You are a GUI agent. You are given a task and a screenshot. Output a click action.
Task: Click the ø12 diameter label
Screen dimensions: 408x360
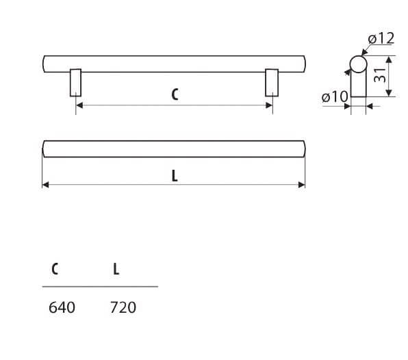pos(381,38)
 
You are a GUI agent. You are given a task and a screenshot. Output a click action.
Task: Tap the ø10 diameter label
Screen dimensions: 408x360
pos(335,97)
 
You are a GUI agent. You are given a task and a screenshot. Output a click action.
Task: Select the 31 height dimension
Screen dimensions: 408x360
pos(380,75)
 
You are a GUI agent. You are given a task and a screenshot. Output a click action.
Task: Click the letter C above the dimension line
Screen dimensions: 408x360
pos(175,94)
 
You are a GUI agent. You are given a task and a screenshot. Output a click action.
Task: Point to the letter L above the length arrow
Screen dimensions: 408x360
pos(175,176)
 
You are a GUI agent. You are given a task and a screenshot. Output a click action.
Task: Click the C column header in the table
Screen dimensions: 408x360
pos(55,269)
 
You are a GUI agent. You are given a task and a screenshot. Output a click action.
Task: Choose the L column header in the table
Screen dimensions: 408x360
pos(116,269)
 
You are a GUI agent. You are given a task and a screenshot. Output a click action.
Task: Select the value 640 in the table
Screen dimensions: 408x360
pos(62,307)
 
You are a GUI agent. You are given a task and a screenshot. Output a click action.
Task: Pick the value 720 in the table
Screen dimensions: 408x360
pos(123,307)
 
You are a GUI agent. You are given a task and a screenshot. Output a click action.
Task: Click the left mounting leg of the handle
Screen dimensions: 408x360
pos(76,83)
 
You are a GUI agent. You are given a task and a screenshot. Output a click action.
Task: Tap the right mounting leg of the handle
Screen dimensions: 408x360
pos(272,83)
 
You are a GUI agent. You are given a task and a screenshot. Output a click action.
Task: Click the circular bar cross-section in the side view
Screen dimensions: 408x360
pos(358,64)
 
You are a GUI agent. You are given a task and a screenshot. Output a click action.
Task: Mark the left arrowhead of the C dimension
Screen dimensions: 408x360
pos(79,105)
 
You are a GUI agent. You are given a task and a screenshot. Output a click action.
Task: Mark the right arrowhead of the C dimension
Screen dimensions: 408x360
pos(269,105)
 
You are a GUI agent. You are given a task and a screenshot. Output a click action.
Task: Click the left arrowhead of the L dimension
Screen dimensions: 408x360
pos(46,185)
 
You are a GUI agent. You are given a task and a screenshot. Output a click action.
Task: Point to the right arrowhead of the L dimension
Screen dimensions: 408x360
pos(302,185)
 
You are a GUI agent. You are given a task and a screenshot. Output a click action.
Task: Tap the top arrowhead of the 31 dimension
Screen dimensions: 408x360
pos(389,60)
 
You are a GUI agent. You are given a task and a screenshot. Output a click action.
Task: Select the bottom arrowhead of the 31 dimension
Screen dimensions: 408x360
pos(389,92)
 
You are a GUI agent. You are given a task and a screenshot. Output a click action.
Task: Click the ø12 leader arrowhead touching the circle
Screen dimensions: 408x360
pos(364,53)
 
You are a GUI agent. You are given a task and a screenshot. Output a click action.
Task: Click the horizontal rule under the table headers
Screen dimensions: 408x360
pos(100,287)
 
